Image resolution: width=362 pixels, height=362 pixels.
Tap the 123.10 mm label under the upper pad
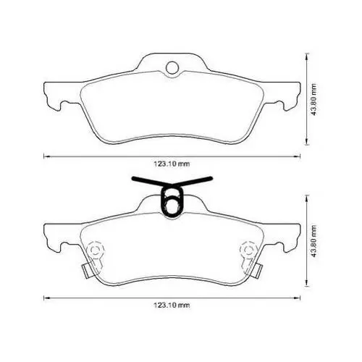[x=172, y=164]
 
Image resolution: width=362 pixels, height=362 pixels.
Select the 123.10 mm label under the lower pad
[x=172, y=306]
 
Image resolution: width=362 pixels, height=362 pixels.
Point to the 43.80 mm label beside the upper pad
[x=313, y=99]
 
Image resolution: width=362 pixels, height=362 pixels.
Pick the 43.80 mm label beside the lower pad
[x=313, y=241]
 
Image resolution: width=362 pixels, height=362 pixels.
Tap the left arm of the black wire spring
[x=152, y=181]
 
